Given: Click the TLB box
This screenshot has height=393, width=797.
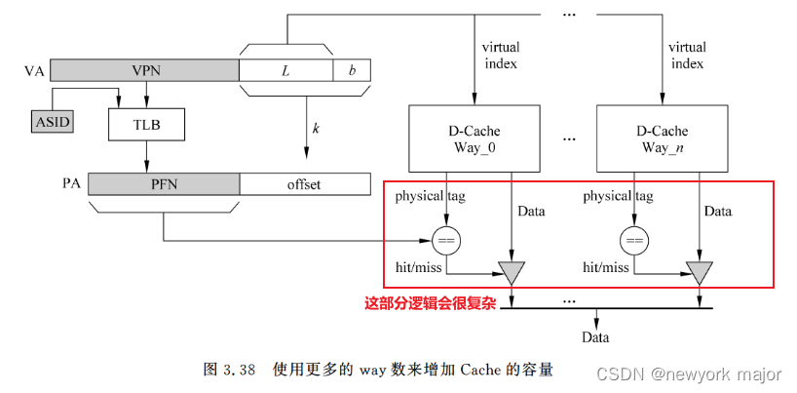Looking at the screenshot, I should click(146, 124).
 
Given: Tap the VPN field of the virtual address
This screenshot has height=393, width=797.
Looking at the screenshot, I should click(144, 70).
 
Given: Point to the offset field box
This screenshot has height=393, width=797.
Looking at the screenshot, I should click(304, 183).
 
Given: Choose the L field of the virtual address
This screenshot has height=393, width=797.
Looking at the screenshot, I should click(285, 70).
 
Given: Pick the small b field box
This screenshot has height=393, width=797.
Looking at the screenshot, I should click(351, 70).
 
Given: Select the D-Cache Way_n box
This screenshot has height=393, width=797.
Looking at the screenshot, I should click(664, 138).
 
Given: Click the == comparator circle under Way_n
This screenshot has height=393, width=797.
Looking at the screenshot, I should click(635, 239).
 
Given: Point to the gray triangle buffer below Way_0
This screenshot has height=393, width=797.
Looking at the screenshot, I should click(509, 270).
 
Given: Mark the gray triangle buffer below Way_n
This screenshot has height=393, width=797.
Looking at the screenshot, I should click(698, 270).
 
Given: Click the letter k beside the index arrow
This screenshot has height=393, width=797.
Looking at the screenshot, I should click(316, 129).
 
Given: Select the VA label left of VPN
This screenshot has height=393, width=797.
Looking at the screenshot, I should click(34, 71).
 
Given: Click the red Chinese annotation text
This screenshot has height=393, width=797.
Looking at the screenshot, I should click(430, 303).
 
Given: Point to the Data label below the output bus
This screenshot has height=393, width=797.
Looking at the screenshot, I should click(595, 337).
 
